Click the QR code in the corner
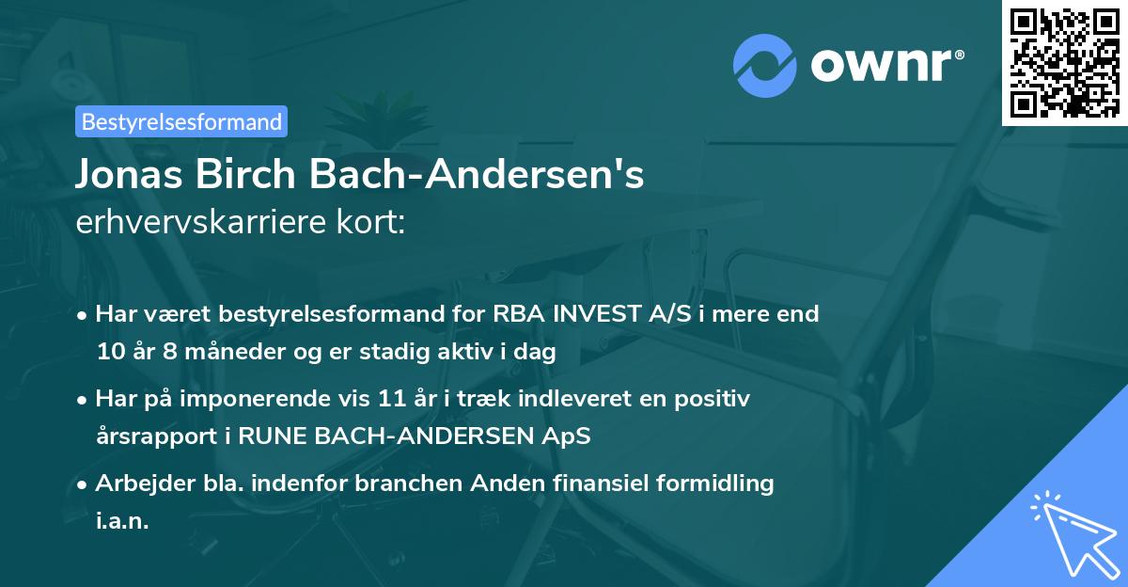click(x=1065, y=62)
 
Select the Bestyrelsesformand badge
click(x=181, y=121)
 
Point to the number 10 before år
click(x=109, y=353)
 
